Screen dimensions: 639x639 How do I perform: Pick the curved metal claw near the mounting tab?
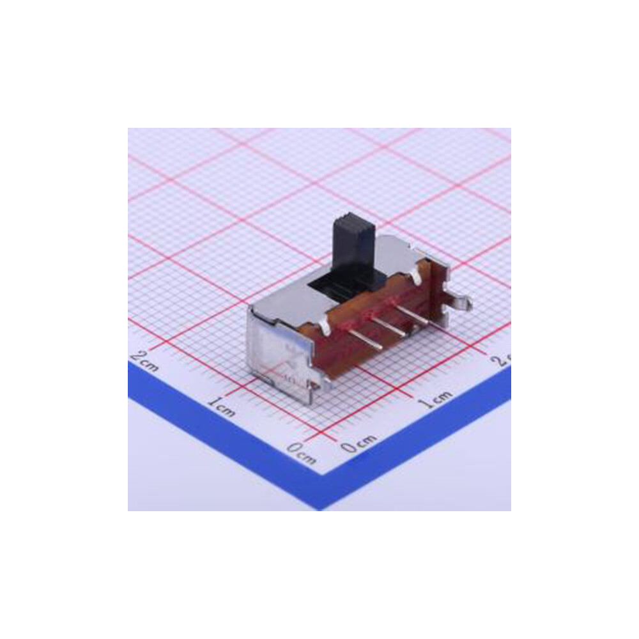416,275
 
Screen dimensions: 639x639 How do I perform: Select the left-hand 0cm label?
301,452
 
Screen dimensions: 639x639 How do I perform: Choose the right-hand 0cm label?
358,443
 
